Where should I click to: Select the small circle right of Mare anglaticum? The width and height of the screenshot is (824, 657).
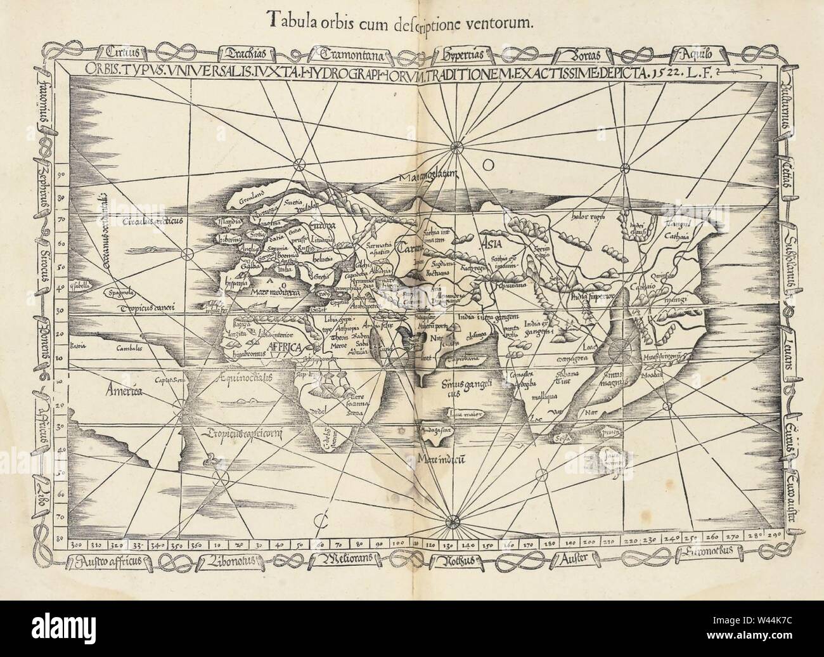[488, 166]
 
